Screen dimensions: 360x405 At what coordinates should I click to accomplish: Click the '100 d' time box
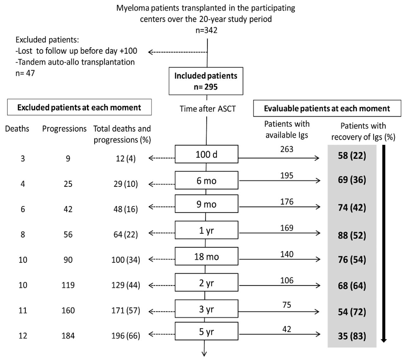coord(206,154)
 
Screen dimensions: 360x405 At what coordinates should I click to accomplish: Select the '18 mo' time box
coord(206,256)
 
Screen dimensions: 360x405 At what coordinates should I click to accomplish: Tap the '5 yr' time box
coord(206,331)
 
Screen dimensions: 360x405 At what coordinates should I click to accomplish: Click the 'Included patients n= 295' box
coord(206,81)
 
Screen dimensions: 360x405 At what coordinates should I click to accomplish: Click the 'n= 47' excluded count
coord(25,73)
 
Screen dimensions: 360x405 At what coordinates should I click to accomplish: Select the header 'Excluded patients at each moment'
coord(79,107)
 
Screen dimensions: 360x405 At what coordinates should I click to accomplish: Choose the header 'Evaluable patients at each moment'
coord(327,109)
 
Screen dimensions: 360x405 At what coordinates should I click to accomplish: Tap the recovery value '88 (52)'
coord(352,235)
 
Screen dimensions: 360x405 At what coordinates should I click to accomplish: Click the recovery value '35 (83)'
coord(352,336)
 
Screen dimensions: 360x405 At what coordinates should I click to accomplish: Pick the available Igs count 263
coord(287,149)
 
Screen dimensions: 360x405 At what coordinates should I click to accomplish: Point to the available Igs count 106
coord(287,280)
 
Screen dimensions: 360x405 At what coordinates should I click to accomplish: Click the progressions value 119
coord(68,285)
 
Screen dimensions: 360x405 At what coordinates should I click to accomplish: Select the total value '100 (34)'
coord(126,260)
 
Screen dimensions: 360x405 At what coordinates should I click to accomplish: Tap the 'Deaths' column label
coord(17,129)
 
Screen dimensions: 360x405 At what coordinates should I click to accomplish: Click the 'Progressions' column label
coord(64,129)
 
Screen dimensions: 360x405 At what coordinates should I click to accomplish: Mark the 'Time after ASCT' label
coord(208,109)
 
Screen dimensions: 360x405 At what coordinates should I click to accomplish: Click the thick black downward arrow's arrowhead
coord(384,340)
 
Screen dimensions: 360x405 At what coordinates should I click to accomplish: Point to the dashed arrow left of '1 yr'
coord(161,233)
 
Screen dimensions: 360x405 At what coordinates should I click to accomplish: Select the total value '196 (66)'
coord(126,336)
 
